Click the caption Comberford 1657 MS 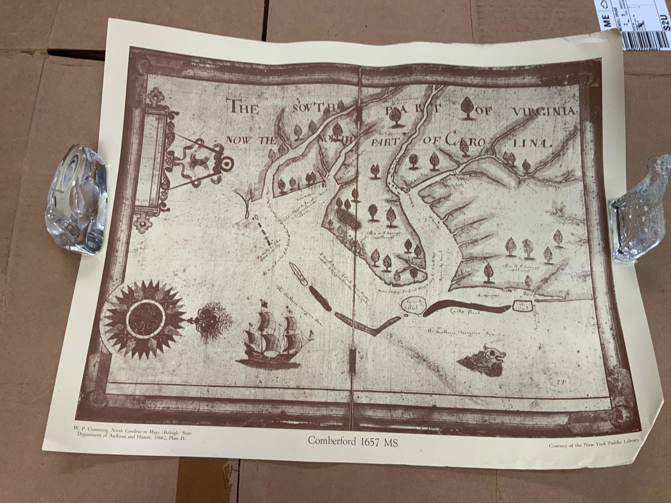pyautogui.click(x=353, y=441)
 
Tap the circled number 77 pyautogui.click(x=560, y=382)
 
